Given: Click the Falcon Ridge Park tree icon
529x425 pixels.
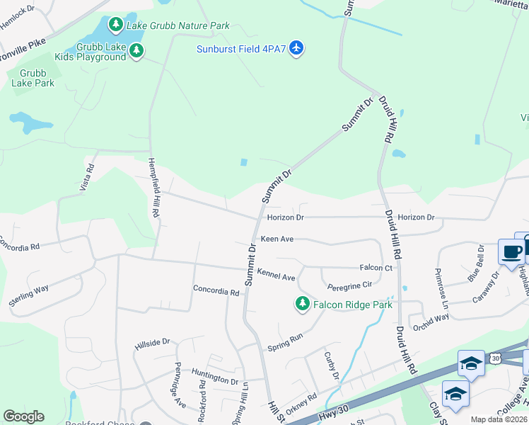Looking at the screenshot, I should [303, 304].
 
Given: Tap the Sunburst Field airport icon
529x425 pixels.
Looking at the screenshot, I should [297, 48].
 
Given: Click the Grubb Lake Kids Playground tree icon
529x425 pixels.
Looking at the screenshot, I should [136, 51].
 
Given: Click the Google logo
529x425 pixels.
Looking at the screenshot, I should [23, 416].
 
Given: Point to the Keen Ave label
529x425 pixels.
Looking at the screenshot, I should [277, 239].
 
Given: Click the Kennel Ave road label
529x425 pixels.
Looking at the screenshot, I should [276, 274].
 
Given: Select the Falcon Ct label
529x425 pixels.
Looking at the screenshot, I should [376, 268].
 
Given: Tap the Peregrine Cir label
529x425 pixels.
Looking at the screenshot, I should [349, 286].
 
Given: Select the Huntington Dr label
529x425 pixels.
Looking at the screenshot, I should [215, 380].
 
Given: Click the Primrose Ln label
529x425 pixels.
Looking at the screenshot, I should [442, 284].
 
